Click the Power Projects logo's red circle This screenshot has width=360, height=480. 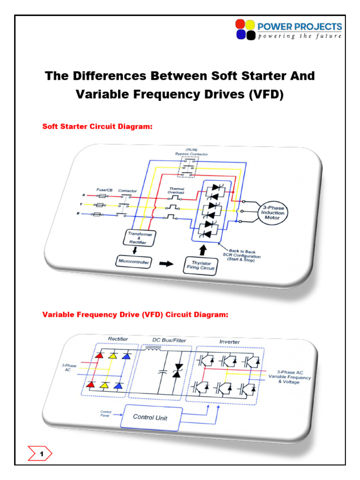[x=240, y=24]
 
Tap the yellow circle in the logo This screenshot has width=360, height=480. [x=250, y=24]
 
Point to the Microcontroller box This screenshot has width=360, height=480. [x=133, y=262]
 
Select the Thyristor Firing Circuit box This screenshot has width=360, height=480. [x=200, y=265]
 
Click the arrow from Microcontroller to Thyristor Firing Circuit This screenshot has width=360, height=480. [x=165, y=263]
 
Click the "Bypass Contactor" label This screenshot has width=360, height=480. [x=191, y=154]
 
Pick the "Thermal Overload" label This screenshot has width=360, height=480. [x=177, y=191]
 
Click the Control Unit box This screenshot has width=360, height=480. [x=150, y=417]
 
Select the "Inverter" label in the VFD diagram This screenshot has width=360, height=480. [x=229, y=342]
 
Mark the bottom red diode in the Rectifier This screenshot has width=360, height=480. [x=99, y=385]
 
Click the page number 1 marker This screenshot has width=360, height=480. [x=41, y=454]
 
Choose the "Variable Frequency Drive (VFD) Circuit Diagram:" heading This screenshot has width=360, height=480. [x=135, y=315]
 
